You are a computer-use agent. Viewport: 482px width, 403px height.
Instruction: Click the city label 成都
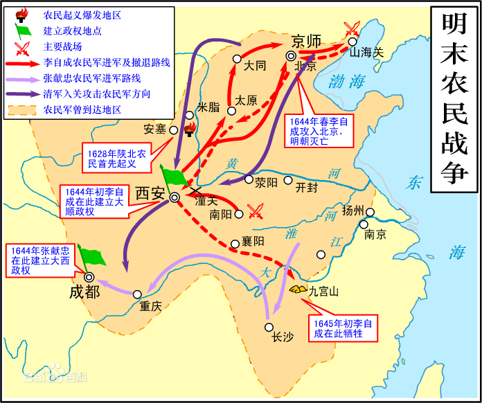[x=84, y=292]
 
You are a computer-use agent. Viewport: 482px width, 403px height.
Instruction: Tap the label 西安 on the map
[x=150, y=193]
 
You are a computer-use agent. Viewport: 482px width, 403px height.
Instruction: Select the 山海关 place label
[x=366, y=52]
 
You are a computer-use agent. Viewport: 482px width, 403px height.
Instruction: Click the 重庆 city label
[x=150, y=306]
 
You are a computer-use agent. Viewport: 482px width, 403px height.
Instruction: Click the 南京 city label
[x=375, y=235]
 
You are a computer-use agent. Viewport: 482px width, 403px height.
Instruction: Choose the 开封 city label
[x=305, y=187]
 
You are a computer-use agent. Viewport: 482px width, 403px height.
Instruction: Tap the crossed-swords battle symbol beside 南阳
[x=256, y=211]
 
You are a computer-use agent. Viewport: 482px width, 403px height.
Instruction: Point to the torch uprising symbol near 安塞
[x=188, y=129]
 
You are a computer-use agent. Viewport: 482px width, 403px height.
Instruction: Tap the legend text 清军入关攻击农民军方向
[x=96, y=93]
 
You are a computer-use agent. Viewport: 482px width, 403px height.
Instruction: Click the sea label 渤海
[x=346, y=82]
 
